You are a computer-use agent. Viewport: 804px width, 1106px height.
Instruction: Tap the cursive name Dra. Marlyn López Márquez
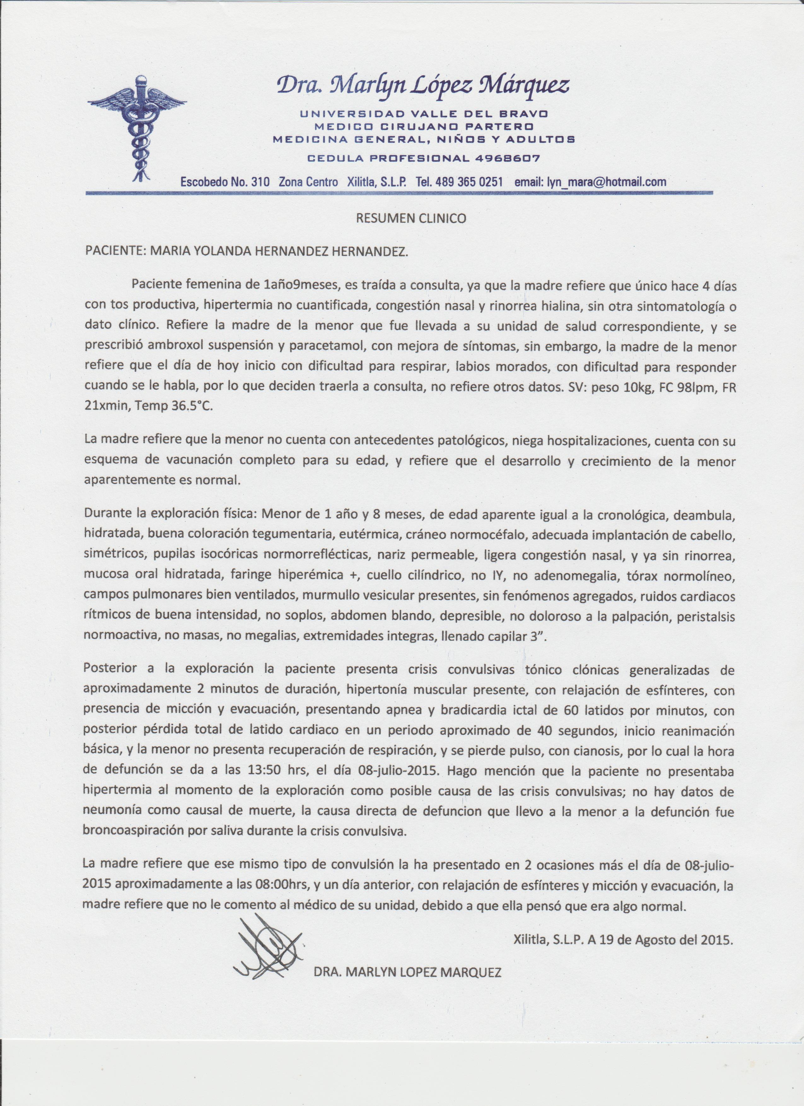point(422,86)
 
